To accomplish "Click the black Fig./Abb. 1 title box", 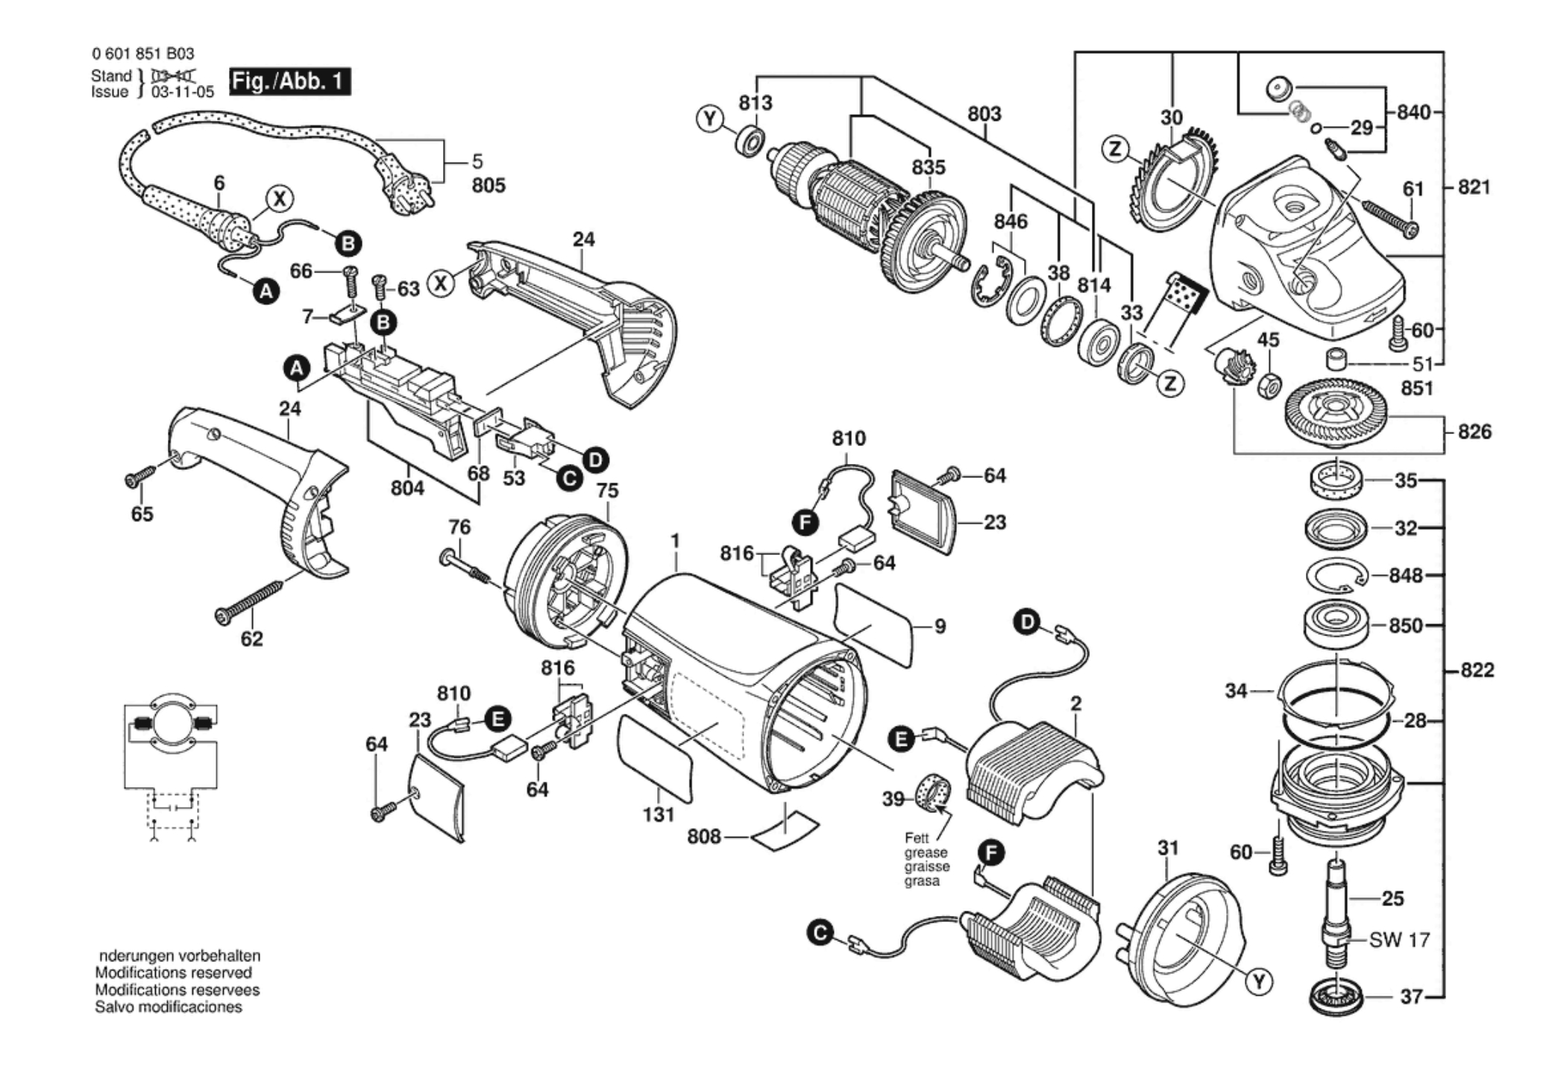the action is [x=290, y=81].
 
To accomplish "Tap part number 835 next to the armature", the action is [x=928, y=167].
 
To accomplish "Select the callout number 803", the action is [x=984, y=114].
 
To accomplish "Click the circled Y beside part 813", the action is [x=710, y=119].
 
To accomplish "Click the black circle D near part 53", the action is [x=595, y=459].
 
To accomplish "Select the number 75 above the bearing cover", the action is [x=608, y=491].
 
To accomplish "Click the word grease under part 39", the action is [x=926, y=853].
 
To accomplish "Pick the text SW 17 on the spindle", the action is [x=1399, y=940].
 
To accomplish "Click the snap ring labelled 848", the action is [x=1338, y=576].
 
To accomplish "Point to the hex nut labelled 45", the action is [x=1269, y=386].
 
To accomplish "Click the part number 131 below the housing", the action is [x=659, y=814].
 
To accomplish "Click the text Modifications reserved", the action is [x=173, y=973].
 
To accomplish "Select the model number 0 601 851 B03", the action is [x=143, y=54].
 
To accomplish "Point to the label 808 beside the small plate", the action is [x=704, y=837].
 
